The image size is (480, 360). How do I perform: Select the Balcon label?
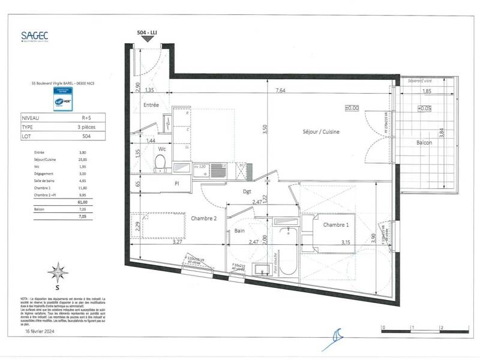point(427,143)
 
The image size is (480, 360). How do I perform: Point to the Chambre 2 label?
point(203,218)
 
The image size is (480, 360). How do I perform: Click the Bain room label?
point(239,230)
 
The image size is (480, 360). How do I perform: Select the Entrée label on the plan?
point(151,105)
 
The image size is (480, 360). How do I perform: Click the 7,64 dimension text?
point(280,91)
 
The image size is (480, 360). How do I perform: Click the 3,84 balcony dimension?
point(442,132)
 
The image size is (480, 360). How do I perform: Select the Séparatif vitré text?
point(420,80)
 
